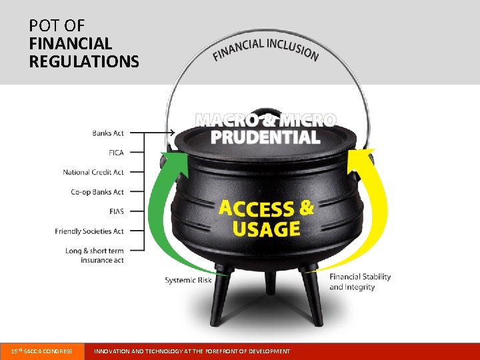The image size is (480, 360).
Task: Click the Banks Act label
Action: click(108, 133)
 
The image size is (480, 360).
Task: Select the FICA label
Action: click(117, 153)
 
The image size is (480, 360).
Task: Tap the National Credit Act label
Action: click(93, 172)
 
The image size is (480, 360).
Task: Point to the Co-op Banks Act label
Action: click(97, 192)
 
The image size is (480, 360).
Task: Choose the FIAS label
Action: click(117, 211)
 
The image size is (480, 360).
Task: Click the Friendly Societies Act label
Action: click(89, 231)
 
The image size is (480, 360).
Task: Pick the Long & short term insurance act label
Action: click(95, 255)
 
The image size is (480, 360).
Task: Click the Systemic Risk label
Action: click(188, 281)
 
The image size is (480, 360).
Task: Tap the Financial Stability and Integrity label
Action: click(360, 282)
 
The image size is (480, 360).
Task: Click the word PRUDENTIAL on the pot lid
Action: click(265, 137)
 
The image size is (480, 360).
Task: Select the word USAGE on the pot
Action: click(266, 229)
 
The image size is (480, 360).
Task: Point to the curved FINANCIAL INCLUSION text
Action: click(265, 47)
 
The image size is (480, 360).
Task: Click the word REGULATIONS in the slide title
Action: click(84, 62)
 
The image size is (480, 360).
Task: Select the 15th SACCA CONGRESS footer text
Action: click(42, 351)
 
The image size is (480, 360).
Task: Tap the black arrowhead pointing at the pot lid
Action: click(171, 133)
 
